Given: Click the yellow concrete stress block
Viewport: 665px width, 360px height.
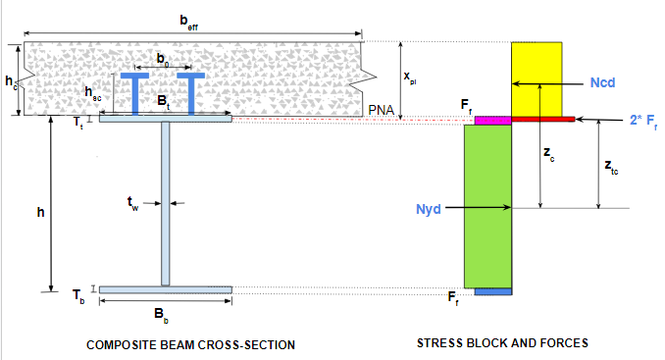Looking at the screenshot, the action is pyautogui.click(x=537, y=79).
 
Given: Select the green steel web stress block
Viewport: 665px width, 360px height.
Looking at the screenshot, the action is pyautogui.click(x=487, y=207).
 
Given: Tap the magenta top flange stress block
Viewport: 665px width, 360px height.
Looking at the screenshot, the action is pyautogui.click(x=492, y=121).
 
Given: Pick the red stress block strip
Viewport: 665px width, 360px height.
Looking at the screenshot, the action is pyautogui.click(x=542, y=120).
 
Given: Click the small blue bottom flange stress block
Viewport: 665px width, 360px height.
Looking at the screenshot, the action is pyautogui.click(x=493, y=291).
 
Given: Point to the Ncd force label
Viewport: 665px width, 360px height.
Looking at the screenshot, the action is pyautogui.click(x=602, y=82).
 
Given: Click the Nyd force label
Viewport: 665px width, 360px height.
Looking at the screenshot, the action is pyautogui.click(x=429, y=209).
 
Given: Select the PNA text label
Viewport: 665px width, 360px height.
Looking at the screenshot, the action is pyautogui.click(x=382, y=110).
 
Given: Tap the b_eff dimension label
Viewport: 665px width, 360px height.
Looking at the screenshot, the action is pyautogui.click(x=188, y=22).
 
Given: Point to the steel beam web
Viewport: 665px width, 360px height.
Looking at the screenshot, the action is pyautogui.click(x=166, y=203).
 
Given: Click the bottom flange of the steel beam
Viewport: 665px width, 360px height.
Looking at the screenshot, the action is pyautogui.click(x=166, y=290).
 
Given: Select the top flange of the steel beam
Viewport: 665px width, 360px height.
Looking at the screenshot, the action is pyautogui.click(x=166, y=119).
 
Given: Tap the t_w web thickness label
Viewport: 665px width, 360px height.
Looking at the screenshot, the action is pyautogui.click(x=132, y=203).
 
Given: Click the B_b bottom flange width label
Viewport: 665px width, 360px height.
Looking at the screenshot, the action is pyautogui.click(x=161, y=315).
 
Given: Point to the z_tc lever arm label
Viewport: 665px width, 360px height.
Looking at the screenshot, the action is pyautogui.click(x=611, y=167).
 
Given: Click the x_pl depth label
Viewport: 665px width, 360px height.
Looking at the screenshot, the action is pyautogui.click(x=410, y=77).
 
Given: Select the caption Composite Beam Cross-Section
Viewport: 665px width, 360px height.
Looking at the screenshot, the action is pyautogui.click(x=191, y=345).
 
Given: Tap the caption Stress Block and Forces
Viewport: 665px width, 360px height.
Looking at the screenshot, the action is pyautogui.click(x=502, y=343).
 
